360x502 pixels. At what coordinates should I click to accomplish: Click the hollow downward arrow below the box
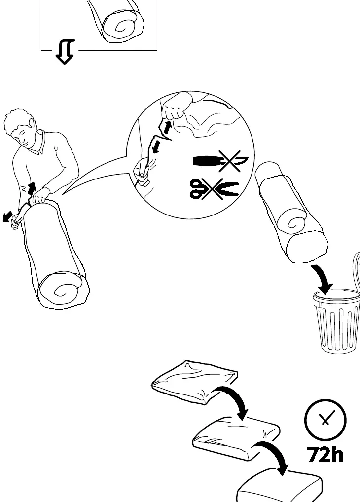[65, 52]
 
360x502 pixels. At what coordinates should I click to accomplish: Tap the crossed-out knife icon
[221, 161]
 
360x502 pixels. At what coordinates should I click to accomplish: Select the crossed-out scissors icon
[214, 188]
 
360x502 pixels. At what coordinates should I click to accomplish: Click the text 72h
[325, 454]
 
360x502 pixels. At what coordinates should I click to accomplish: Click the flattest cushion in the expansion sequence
[195, 382]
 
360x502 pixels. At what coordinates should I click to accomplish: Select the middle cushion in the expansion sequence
[236, 438]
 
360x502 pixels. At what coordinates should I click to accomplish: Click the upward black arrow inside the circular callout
[167, 127]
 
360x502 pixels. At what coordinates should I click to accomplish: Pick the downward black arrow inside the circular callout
[157, 146]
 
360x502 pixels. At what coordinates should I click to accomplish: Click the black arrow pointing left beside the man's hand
[7, 216]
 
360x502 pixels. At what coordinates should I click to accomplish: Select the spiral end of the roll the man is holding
[61, 290]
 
